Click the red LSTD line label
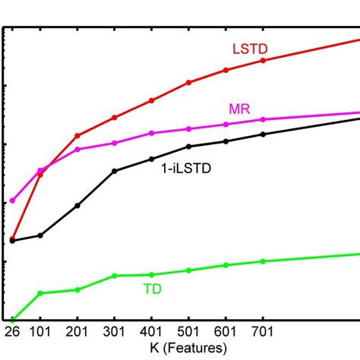click(x=250, y=49)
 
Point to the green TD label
click(x=152, y=289)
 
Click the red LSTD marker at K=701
click(x=263, y=60)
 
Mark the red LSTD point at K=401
click(x=152, y=100)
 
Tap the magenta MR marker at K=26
click(x=12, y=201)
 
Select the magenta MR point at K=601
click(x=226, y=125)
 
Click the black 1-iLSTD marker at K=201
click(x=77, y=205)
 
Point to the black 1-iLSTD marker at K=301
click(x=115, y=171)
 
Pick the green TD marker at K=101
click(x=41, y=292)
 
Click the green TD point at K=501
click(x=189, y=270)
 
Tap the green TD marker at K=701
click(x=263, y=261)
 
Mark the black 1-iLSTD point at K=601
click(x=226, y=141)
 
